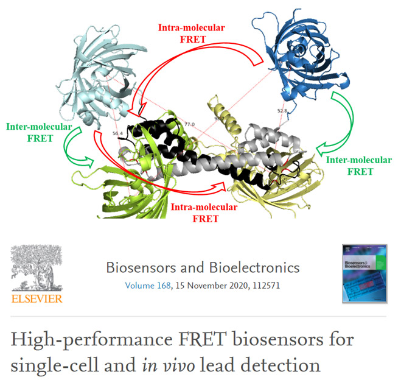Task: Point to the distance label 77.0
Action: click(x=189, y=124)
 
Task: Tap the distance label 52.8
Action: click(x=282, y=111)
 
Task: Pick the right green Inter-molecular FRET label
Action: click(x=358, y=165)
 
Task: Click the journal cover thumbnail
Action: click(x=363, y=273)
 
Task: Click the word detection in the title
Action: click(x=284, y=366)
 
